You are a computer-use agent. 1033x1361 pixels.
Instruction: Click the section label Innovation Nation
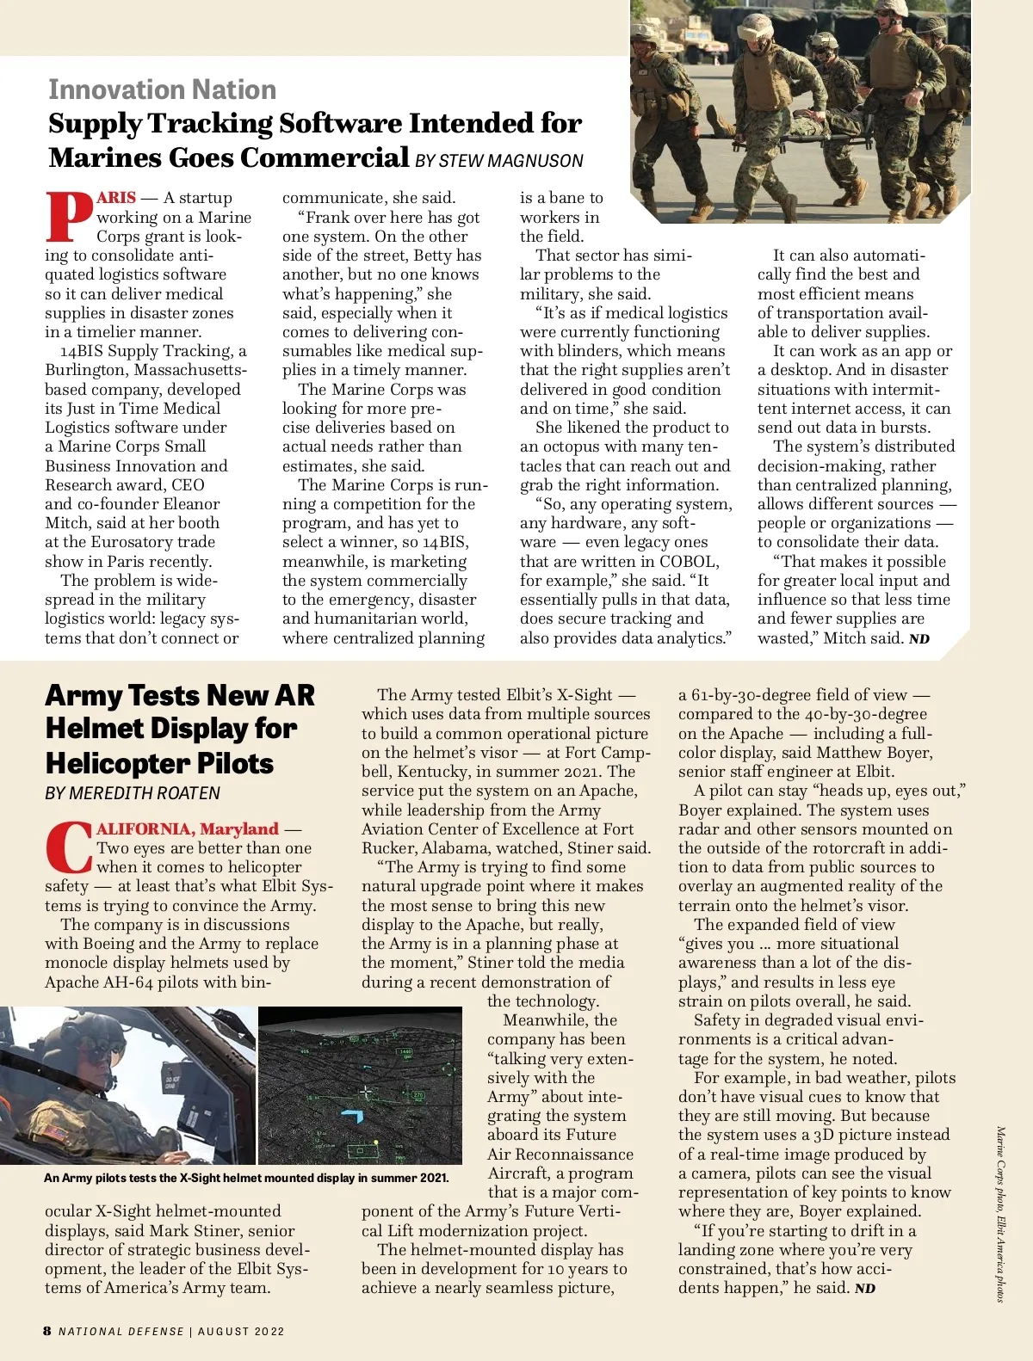(x=162, y=89)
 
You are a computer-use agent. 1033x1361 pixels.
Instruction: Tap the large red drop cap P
(x=69, y=217)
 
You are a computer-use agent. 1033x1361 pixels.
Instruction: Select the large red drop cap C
(x=68, y=847)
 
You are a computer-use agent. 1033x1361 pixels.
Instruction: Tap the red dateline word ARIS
(x=116, y=197)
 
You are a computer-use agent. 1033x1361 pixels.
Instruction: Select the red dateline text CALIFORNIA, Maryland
(x=188, y=829)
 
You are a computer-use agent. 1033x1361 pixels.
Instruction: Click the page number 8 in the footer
(x=47, y=1331)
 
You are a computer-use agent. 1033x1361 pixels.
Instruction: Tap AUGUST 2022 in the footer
(x=241, y=1332)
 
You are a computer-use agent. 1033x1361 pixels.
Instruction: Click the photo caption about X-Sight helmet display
(x=246, y=1178)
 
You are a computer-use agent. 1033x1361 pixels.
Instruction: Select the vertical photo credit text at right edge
(x=1000, y=1213)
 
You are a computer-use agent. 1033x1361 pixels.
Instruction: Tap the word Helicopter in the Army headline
(x=159, y=764)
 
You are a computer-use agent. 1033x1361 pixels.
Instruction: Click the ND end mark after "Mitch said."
(x=919, y=639)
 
